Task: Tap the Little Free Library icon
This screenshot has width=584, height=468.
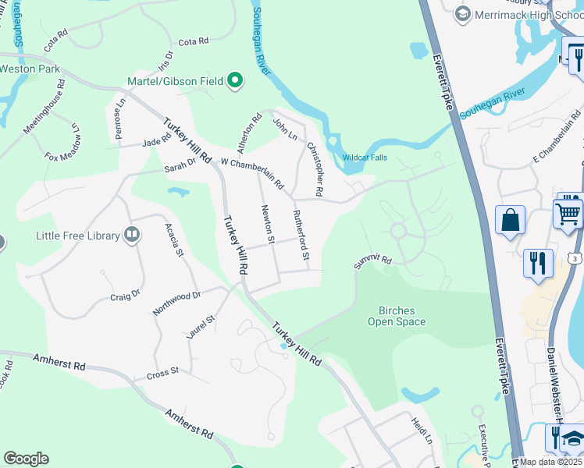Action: (x=133, y=235)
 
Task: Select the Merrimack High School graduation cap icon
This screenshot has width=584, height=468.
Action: (x=463, y=14)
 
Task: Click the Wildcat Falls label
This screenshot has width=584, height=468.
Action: (x=365, y=158)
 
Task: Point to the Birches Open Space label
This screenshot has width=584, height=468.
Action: (x=397, y=316)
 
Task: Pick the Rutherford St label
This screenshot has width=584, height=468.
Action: (x=301, y=234)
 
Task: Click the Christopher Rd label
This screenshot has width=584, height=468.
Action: (x=315, y=168)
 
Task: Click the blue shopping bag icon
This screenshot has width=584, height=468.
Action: (x=510, y=220)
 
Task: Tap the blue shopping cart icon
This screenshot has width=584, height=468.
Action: (x=568, y=212)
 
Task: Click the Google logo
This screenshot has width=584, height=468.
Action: (x=26, y=459)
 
